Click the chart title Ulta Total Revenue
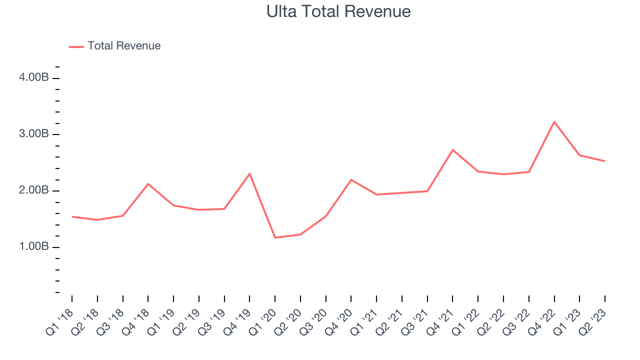click(338, 11)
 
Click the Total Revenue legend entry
click(123, 46)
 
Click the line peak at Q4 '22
click(554, 121)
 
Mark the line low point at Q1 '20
click(275, 237)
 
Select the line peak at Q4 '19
click(249, 173)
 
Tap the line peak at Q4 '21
click(452, 150)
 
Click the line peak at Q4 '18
click(148, 184)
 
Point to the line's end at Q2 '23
click(604, 161)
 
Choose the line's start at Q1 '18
click(72, 216)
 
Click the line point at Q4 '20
click(351, 179)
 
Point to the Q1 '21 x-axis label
click(365, 320)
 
